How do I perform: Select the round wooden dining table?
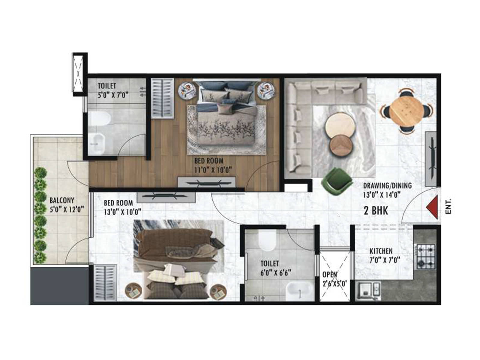407,109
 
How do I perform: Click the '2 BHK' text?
376,211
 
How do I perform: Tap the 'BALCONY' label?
62,200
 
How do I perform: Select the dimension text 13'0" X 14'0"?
382,195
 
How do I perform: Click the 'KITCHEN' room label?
381,251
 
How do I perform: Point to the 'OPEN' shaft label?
330,274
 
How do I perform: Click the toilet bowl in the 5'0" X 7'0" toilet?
100,118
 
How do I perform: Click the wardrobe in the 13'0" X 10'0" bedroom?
105,282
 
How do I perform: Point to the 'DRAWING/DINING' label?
387,186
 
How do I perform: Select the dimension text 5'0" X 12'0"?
67,209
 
